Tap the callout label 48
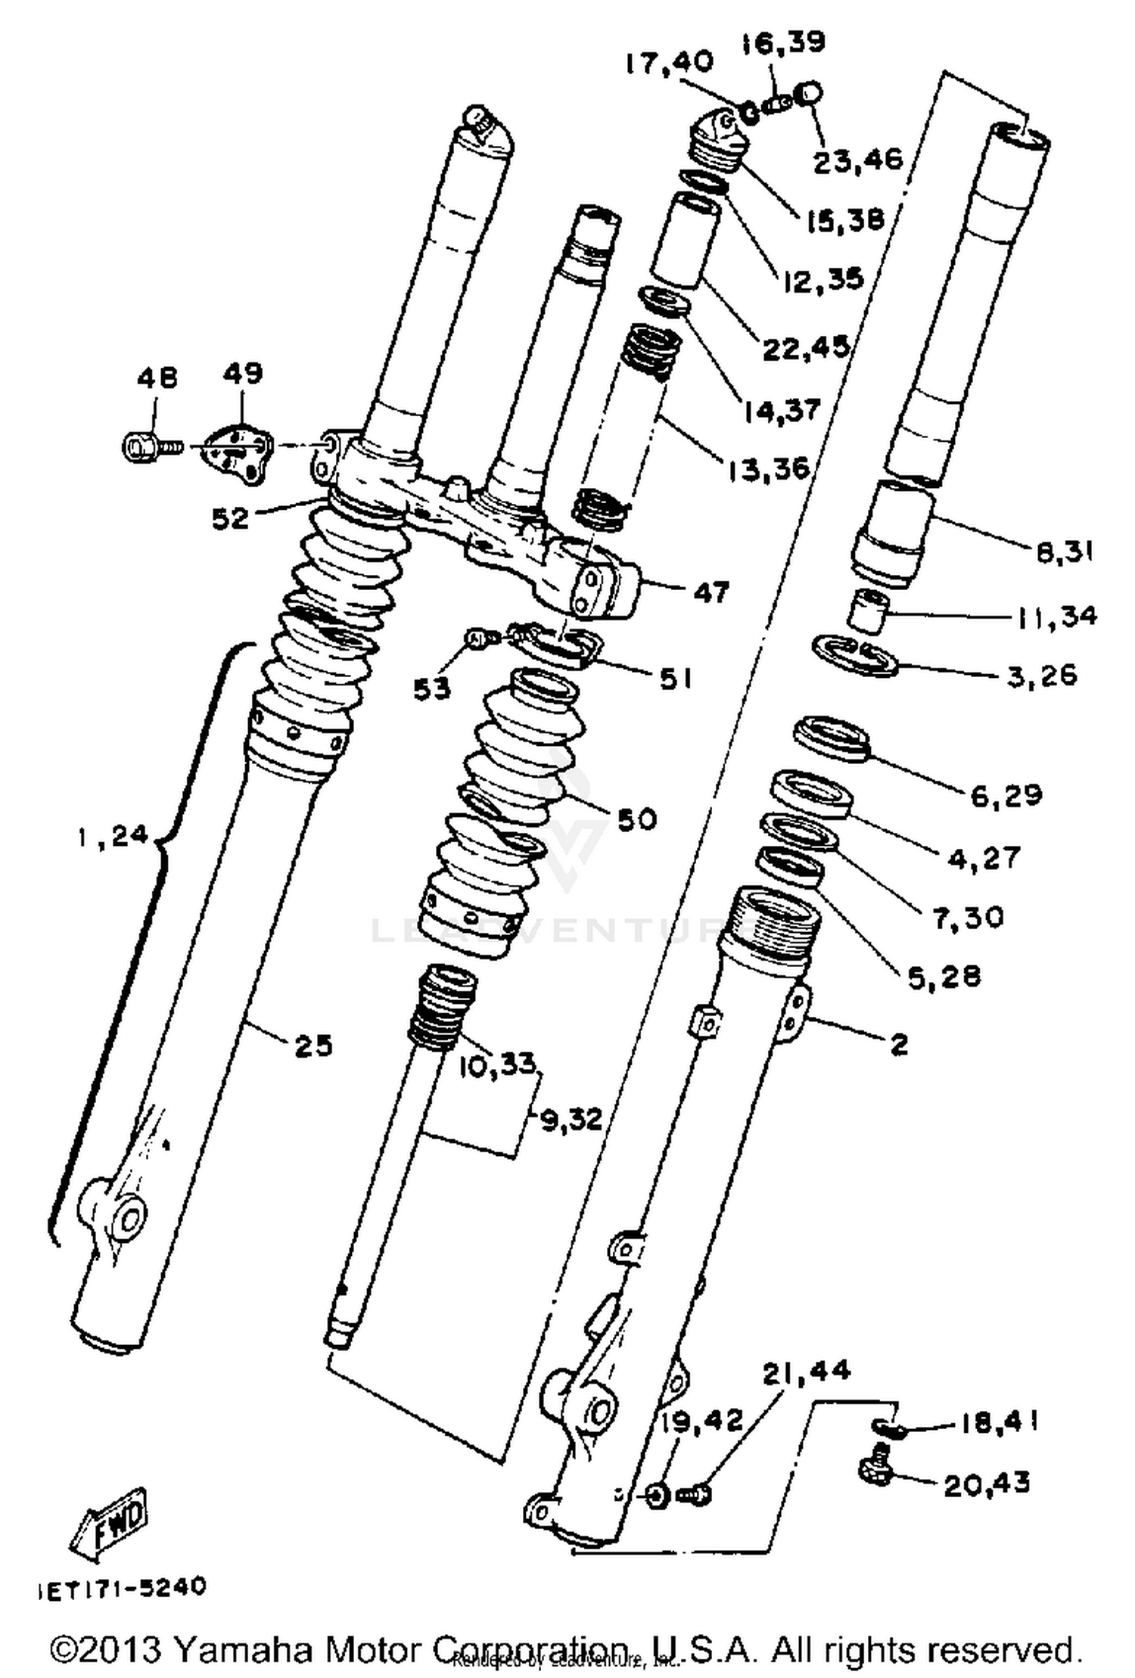click(157, 377)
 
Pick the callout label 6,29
click(1006, 794)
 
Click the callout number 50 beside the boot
click(636, 819)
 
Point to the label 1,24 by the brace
click(113, 837)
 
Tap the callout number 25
click(313, 1046)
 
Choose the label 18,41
click(1000, 1422)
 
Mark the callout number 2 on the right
click(898, 1045)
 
